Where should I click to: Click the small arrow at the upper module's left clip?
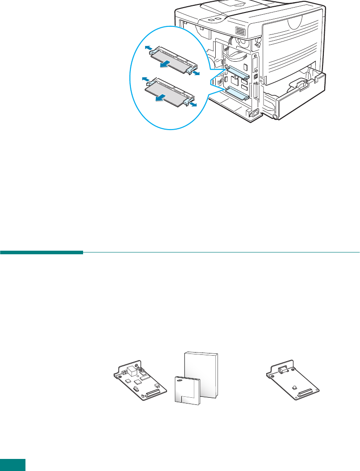pyautogui.click(x=148, y=46)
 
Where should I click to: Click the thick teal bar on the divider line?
pyautogui.click(x=42, y=253)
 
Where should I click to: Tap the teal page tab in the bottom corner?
pyautogui.click(x=13, y=465)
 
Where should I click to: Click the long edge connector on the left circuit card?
pyautogui.click(x=153, y=391)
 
